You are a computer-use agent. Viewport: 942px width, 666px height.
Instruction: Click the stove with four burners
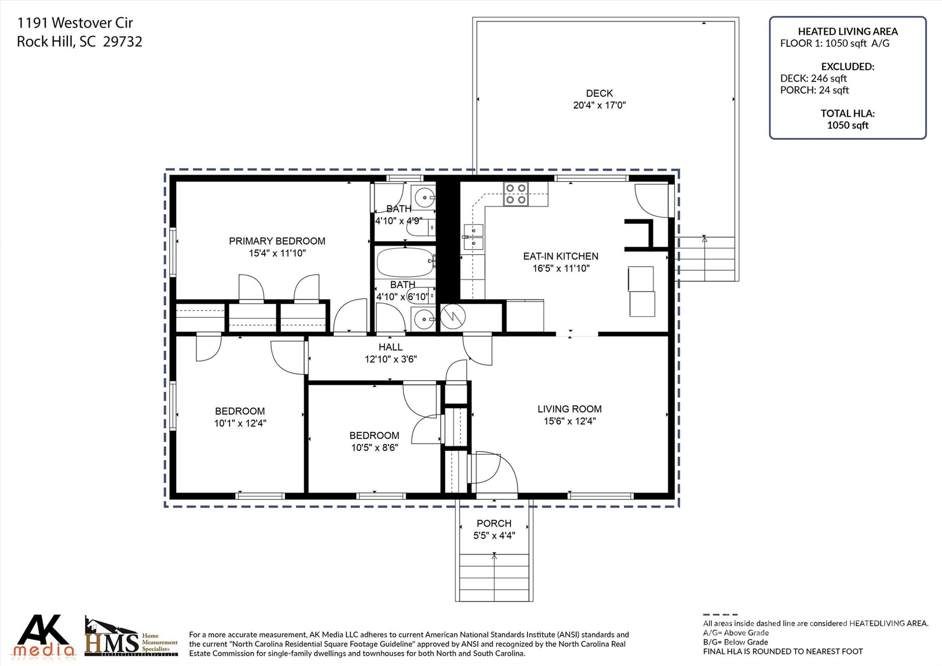click(516, 194)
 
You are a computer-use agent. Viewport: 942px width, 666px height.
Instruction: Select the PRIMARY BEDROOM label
click(277, 241)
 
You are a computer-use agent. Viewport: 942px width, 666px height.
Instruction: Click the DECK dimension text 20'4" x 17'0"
click(599, 105)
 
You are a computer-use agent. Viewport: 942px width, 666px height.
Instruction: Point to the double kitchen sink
click(473, 237)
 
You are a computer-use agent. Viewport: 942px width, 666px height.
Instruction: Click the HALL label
click(391, 347)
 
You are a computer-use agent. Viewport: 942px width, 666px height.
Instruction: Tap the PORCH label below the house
click(494, 523)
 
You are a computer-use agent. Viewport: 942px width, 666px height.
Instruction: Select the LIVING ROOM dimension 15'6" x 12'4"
click(569, 421)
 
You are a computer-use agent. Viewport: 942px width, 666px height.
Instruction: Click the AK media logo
click(44, 636)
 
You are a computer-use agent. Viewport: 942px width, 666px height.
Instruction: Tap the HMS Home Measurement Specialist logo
click(131, 637)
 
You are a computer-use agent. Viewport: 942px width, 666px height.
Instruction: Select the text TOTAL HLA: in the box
click(847, 113)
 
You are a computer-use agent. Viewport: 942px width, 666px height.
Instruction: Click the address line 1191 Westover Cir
click(75, 23)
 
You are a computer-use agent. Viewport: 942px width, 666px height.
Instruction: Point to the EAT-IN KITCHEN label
click(560, 256)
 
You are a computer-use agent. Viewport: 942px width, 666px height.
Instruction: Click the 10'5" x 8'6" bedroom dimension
click(374, 447)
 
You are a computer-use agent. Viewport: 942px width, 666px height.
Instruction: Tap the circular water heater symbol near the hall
click(453, 316)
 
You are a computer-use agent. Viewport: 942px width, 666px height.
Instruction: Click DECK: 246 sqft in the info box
click(813, 78)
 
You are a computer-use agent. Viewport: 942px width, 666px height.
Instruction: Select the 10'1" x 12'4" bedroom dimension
click(240, 423)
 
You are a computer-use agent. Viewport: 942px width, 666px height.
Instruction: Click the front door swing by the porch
click(494, 472)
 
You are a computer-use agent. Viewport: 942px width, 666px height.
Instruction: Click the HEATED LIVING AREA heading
click(847, 31)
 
